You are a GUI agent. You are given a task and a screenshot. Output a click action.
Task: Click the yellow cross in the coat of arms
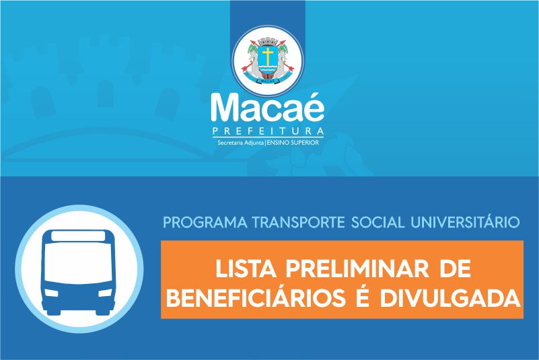coord(268,55)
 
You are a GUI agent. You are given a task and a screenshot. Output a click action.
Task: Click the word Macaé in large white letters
coord(267,107)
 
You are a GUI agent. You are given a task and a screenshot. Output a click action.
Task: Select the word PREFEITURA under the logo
coord(268,131)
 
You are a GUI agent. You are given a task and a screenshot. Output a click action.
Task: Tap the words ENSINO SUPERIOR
coord(293,143)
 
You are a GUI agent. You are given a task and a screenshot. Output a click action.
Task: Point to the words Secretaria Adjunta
coord(240,143)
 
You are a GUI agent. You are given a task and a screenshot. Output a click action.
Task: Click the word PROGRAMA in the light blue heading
coord(205,223)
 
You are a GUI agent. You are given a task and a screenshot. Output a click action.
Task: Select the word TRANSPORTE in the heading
coord(298,223)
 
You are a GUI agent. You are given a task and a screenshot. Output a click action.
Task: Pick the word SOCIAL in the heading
coord(378,223)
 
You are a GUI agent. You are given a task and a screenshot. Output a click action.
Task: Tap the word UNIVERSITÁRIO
coord(465,222)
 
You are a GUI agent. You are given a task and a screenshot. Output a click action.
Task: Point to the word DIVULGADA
coord(450,298)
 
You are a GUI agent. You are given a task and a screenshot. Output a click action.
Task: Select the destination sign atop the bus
coord(78,236)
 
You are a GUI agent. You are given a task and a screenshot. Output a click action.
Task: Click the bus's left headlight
coord(52,293)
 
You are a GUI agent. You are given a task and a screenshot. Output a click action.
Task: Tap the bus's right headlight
coord(105,293)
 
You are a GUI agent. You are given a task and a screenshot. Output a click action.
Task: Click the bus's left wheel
coord(54,312)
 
